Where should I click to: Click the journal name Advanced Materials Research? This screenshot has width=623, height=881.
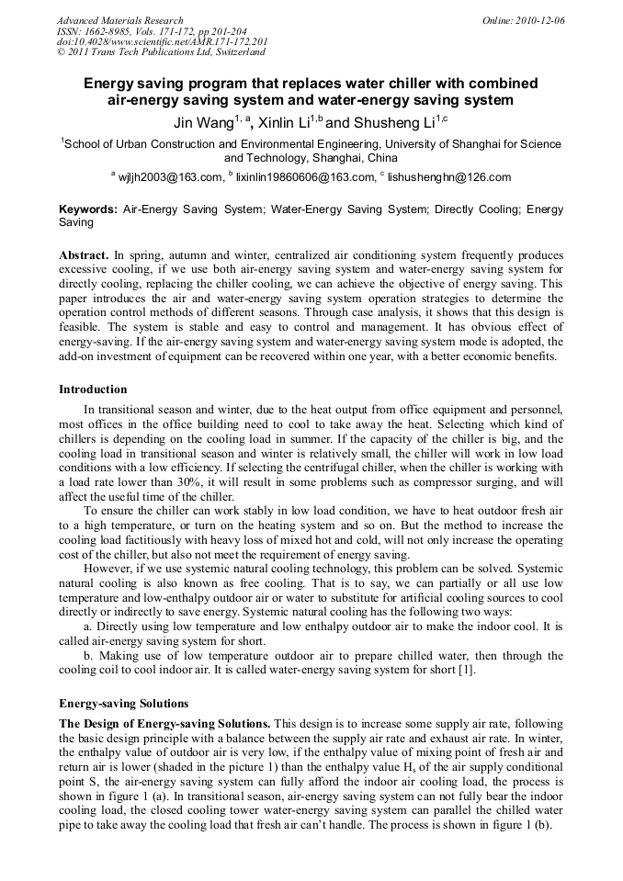[119, 20]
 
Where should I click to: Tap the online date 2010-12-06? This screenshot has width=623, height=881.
[541, 20]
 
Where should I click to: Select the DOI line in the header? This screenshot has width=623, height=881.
[162, 41]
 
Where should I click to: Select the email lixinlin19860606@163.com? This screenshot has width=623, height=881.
[306, 177]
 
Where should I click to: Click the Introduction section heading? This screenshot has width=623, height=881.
[93, 390]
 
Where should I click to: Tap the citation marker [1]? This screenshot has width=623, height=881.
[467, 670]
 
